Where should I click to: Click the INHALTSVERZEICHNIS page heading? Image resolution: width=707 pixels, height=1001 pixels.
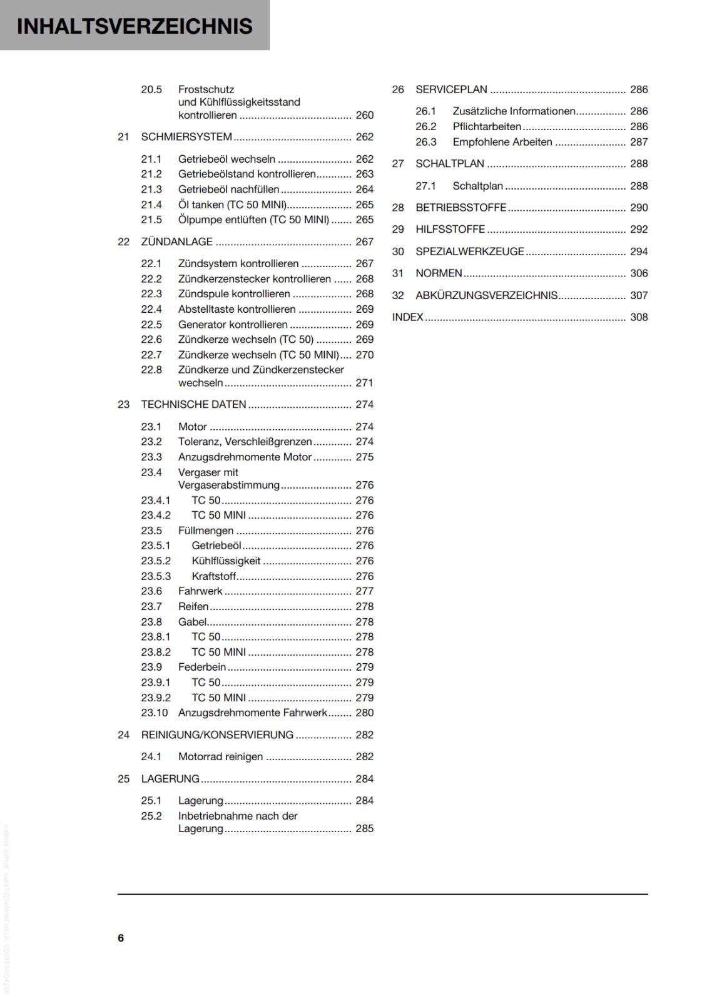tap(135, 26)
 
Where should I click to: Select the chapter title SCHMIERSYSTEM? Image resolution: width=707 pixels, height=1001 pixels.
tap(186, 137)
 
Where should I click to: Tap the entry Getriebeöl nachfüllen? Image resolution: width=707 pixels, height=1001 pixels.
tap(228, 190)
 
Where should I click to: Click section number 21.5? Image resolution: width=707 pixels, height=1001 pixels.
tap(151, 220)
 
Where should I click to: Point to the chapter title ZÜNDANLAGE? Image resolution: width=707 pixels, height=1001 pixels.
tap(176, 242)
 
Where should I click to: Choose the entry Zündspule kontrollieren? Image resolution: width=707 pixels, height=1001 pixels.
tap(234, 294)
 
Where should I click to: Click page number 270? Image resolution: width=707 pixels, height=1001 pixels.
tap(364, 355)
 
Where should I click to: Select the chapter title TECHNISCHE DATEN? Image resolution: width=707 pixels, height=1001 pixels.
tap(193, 405)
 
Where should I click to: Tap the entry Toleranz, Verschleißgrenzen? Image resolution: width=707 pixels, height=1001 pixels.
tap(245, 442)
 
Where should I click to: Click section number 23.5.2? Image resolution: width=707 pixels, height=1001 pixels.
tap(156, 561)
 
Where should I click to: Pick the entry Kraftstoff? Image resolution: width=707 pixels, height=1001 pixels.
tap(214, 576)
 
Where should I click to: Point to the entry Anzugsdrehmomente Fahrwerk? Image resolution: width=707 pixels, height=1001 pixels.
tap(252, 713)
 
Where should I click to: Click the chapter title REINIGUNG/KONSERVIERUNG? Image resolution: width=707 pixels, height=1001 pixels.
tap(217, 735)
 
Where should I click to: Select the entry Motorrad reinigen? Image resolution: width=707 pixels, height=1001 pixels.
tap(220, 757)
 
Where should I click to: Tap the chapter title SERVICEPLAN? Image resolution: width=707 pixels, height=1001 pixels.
tap(451, 89)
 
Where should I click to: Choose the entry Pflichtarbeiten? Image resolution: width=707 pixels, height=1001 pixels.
tap(487, 126)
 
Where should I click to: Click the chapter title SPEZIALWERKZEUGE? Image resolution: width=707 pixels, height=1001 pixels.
tap(470, 252)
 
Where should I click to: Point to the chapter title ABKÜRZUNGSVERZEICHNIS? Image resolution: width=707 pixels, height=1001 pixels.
tap(486, 295)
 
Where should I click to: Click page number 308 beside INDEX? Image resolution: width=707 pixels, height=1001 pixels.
tap(639, 317)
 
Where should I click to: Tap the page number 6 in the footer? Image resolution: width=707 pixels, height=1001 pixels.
tap(121, 938)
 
